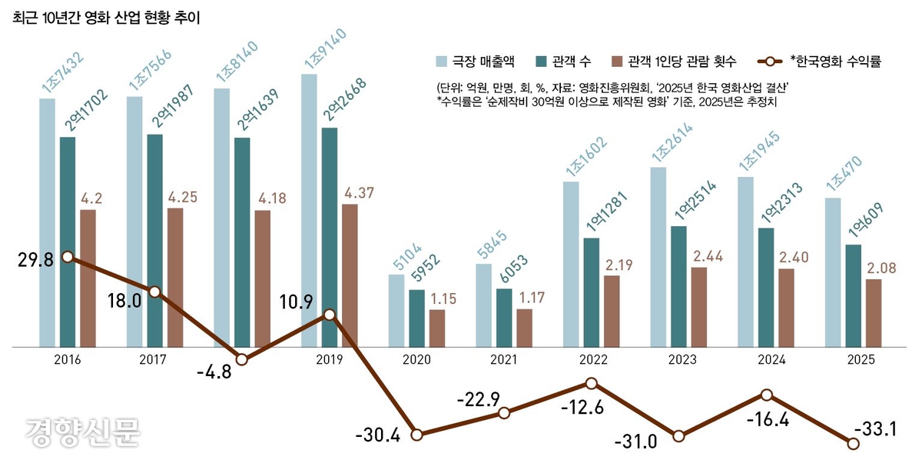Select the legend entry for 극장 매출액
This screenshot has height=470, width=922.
[476, 61]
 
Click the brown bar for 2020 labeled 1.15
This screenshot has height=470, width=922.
[436, 328]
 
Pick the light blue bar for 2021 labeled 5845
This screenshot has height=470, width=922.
[483, 305]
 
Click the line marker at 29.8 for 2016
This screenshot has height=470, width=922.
[68, 256]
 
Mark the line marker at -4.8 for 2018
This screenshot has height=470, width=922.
[242, 359]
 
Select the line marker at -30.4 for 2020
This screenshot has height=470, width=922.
[416, 435]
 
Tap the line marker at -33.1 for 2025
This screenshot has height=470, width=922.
[852, 442]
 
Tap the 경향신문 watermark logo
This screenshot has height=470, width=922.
[83, 432]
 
